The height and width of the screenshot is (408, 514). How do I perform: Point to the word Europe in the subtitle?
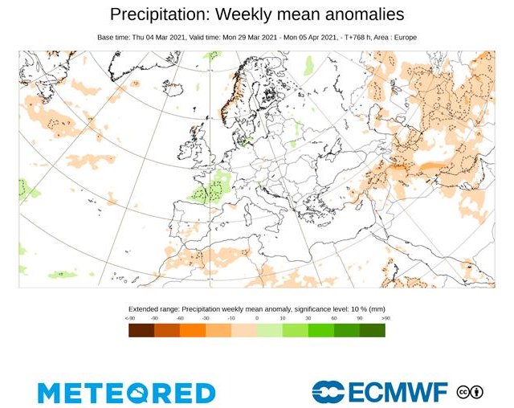pos(402,37)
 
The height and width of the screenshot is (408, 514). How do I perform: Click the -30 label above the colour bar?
pos(206,319)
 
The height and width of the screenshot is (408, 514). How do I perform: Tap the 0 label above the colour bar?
pos(257,319)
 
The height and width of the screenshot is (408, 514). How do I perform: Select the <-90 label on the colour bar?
pos(130,319)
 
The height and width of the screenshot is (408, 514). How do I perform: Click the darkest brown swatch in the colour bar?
pos(141,329)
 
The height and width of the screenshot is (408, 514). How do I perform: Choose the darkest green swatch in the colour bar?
pos(373,329)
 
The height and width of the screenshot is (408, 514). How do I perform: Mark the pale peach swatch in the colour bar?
pos(244,329)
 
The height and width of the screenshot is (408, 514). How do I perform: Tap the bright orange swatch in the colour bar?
pos(193,329)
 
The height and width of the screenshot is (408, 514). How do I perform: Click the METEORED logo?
pos(126,392)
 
